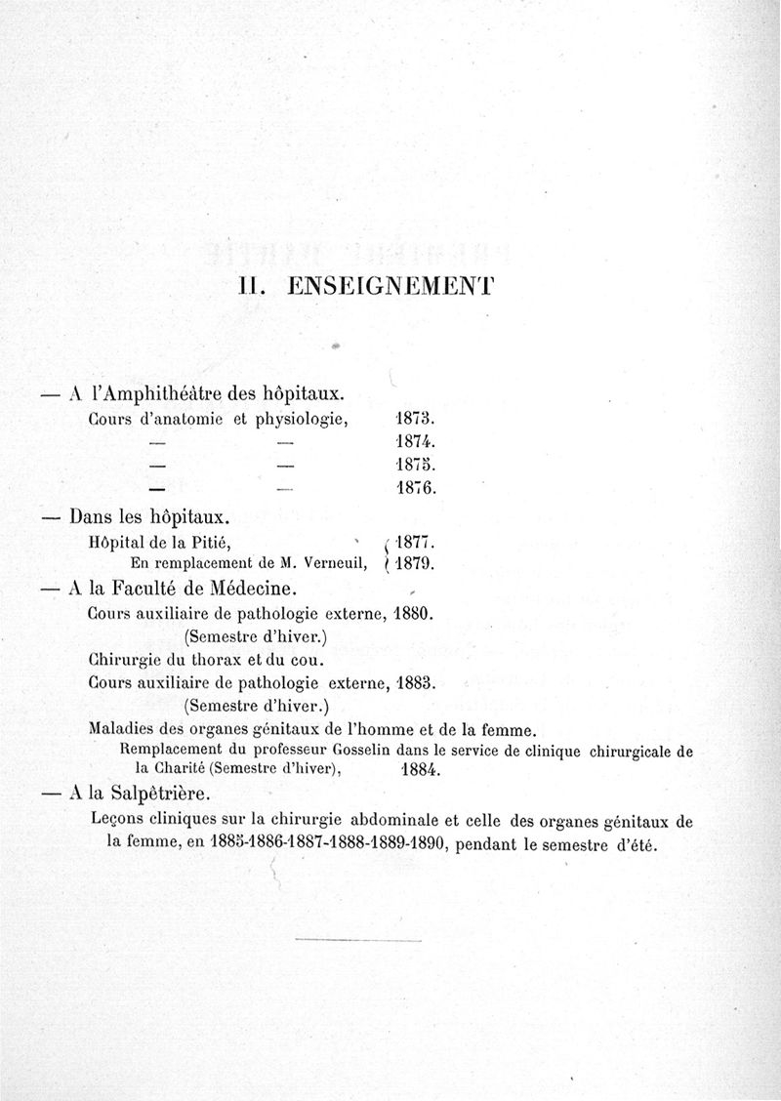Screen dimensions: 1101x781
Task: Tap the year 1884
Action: click(421, 769)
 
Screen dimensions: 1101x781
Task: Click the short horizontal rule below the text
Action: click(356, 940)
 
